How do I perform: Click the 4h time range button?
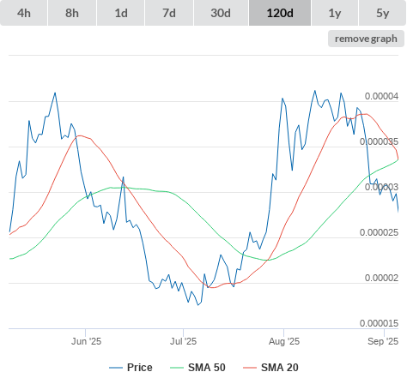(x=24, y=13)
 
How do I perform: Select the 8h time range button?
(x=72, y=13)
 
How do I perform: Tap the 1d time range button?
(x=121, y=13)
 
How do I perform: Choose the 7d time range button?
(x=169, y=13)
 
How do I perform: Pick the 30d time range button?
(x=221, y=13)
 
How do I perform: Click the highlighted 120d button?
(x=280, y=13)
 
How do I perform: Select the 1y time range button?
(x=335, y=13)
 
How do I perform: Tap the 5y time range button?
(x=383, y=13)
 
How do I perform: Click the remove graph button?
(x=366, y=39)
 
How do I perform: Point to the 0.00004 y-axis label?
(x=381, y=96)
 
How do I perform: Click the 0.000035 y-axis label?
(x=379, y=141)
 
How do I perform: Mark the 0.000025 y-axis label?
(x=379, y=232)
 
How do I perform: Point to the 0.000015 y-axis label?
(x=379, y=323)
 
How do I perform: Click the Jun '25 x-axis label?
(x=86, y=341)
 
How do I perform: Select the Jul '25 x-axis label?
(x=184, y=341)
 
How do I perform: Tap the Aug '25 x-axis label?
(x=284, y=341)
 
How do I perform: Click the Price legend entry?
(x=131, y=368)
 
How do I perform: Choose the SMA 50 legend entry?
(x=197, y=368)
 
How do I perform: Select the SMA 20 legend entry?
(x=270, y=368)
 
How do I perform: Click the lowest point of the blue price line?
(x=198, y=305)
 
